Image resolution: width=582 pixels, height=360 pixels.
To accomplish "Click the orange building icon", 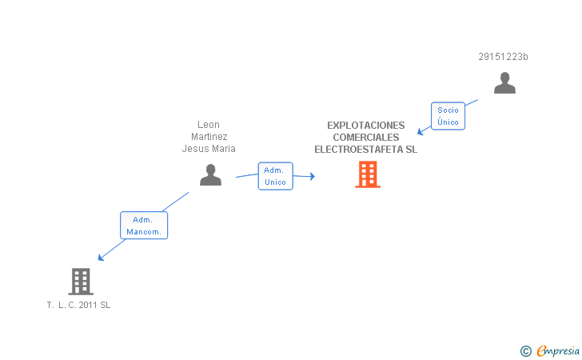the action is [368, 174].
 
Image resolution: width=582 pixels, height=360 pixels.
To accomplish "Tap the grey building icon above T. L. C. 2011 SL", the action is [81, 282].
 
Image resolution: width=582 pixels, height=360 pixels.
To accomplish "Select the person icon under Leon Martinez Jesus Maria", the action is [210, 174].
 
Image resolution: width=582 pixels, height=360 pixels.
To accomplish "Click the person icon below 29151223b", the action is [504, 83].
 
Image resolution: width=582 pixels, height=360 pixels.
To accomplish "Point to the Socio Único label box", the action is [448, 116].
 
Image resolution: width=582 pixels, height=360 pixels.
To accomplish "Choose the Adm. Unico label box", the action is [275, 176].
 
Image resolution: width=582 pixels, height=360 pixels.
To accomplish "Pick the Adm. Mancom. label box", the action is [144, 226].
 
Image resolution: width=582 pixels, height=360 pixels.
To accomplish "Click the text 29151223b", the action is [503, 57].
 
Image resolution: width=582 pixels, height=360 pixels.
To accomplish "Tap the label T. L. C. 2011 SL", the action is [78, 305].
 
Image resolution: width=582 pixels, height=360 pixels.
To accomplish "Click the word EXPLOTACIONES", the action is [366, 126].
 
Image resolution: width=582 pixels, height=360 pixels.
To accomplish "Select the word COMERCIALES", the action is [366, 138].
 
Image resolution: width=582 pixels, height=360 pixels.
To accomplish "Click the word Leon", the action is [209, 125].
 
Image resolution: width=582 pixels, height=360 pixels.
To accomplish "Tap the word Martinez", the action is [209, 137].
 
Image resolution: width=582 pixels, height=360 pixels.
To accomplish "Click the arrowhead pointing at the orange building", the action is [313, 177].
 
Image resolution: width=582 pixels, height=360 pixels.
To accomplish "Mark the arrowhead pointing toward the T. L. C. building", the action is [101, 258].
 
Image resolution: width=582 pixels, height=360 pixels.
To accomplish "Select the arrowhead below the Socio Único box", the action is [421, 131].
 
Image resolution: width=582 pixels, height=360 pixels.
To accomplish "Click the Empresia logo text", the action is [558, 351].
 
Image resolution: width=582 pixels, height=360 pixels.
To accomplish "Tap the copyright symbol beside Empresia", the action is [526, 351].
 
